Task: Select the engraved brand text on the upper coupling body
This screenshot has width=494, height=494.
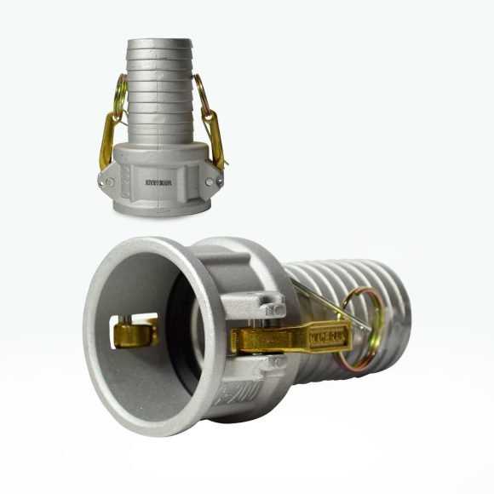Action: point(158,181)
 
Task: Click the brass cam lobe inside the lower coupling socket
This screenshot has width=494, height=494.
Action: point(137,331)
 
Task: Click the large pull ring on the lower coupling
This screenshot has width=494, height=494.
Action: point(362,328)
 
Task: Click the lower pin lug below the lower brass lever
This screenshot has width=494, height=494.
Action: point(271,365)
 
